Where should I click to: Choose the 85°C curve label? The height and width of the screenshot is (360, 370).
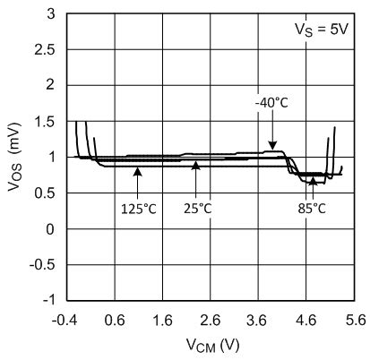(x=311, y=208)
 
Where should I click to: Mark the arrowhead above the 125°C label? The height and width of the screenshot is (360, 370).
(x=138, y=170)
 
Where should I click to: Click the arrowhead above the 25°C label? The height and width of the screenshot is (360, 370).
(x=195, y=165)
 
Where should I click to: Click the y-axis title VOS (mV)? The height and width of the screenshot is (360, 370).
(x=15, y=156)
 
